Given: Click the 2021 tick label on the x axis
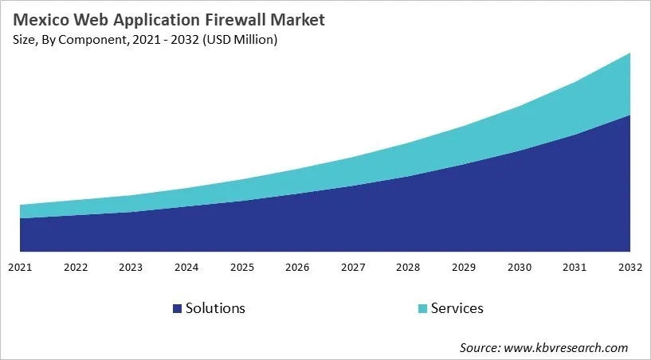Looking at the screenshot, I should pyautogui.click(x=20, y=267).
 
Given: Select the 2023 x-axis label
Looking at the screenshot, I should pyautogui.click(x=131, y=267).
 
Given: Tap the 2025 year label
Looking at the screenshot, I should pyautogui.click(x=242, y=267).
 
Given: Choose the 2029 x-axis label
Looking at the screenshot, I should pyautogui.click(x=465, y=267).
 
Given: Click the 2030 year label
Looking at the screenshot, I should pyautogui.click(x=520, y=267).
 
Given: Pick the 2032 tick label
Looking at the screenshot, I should pyautogui.click(x=630, y=267).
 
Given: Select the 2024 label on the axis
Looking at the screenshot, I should pyautogui.click(x=186, y=267).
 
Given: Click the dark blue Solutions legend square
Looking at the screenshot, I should pyautogui.click(x=177, y=308).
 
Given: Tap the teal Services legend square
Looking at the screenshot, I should pyautogui.click(x=422, y=308).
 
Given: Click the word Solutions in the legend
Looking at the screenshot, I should pyautogui.click(x=215, y=308).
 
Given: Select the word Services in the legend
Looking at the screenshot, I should pyautogui.click(x=457, y=308).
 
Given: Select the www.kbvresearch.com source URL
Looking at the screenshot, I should pyautogui.click(x=567, y=347).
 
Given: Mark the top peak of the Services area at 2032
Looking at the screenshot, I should pyautogui.click(x=630, y=53).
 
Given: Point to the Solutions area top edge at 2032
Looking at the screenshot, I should pyautogui.click(x=630, y=115).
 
